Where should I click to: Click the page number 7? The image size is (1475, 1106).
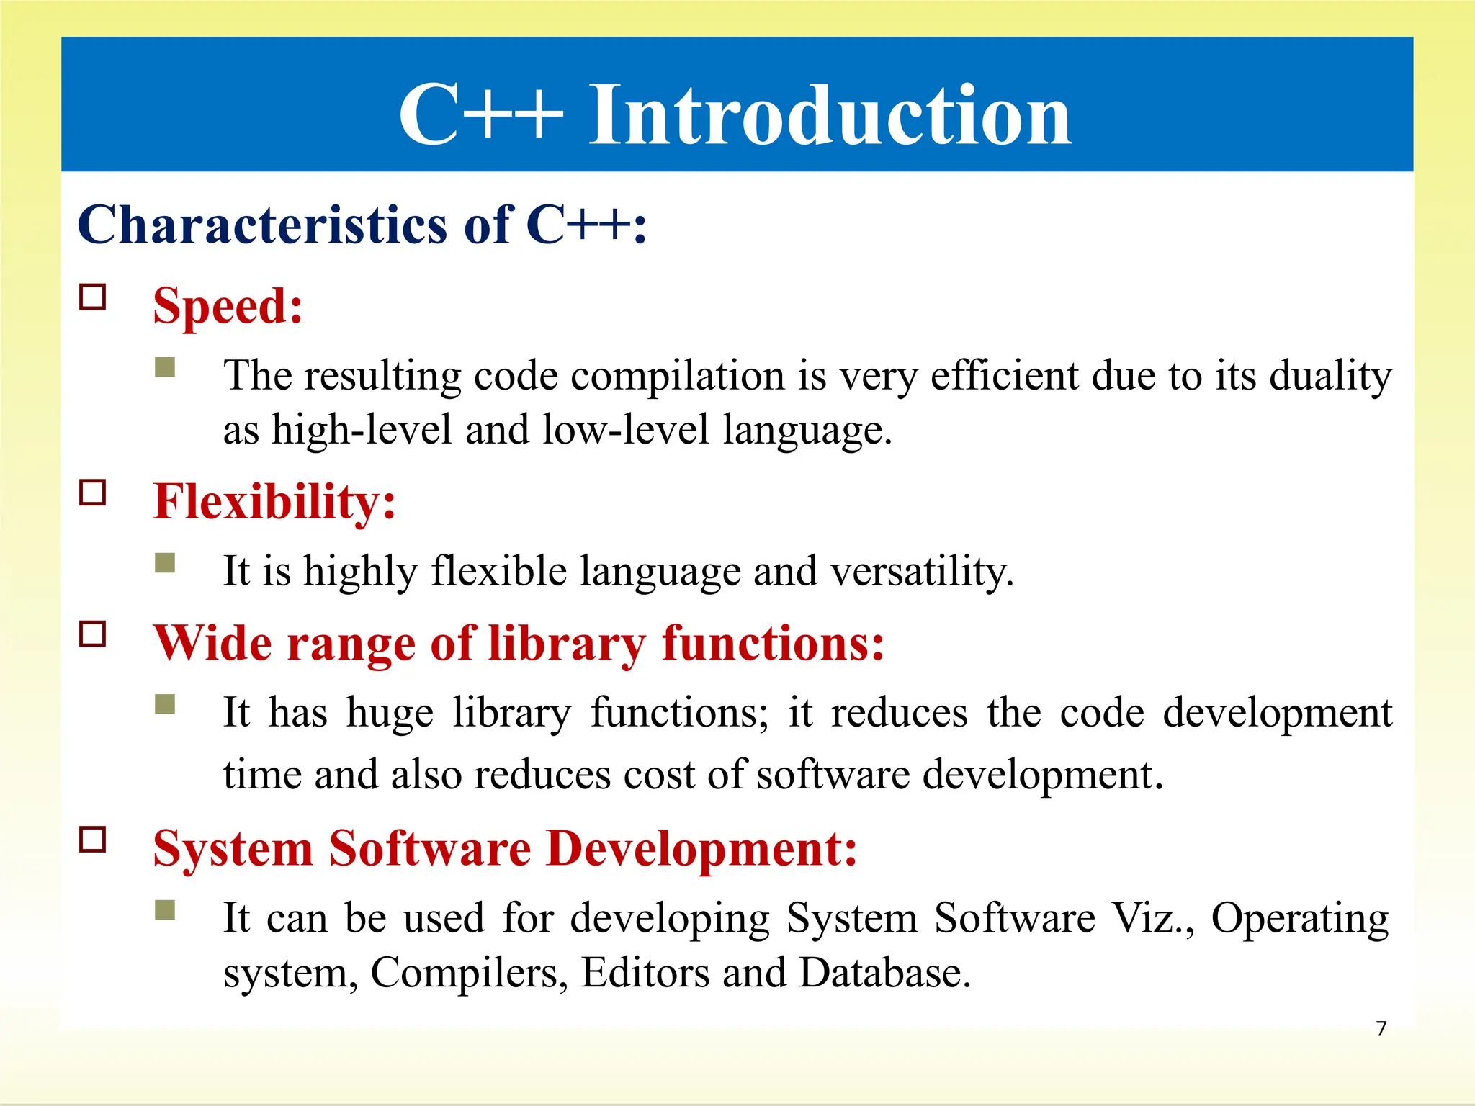point(1381,1028)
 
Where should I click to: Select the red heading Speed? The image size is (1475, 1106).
point(228,306)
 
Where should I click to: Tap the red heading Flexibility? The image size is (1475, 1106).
point(274,501)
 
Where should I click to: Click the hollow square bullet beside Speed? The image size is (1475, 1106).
point(93,297)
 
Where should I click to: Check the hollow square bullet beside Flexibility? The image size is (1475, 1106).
point(93,493)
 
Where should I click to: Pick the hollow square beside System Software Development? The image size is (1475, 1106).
point(93,840)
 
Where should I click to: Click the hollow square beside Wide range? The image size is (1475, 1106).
point(93,634)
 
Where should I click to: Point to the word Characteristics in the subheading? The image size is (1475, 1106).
point(262,225)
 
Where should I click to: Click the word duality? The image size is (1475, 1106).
point(1330,377)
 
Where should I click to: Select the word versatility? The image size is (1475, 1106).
point(921,572)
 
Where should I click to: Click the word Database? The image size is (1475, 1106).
point(884,973)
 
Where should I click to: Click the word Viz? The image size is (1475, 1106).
point(1150,919)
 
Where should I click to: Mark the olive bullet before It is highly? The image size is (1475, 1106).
point(165,562)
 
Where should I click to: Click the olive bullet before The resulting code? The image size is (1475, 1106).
point(165,367)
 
